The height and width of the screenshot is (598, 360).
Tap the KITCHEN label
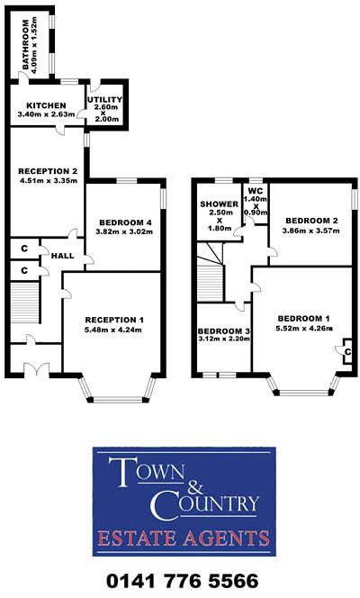coord(43,104)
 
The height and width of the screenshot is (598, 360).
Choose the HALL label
coord(62,256)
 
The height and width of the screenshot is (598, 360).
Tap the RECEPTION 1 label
coord(113,320)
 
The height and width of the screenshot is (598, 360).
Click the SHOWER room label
coord(219,205)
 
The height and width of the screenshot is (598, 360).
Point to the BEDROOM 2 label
coord(311,221)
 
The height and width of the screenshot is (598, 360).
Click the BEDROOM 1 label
coord(303,319)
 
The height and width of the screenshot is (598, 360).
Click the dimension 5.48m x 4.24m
coord(113,331)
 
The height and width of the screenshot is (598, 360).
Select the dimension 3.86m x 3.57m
coord(311,231)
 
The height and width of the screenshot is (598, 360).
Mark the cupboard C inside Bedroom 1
coord(346,352)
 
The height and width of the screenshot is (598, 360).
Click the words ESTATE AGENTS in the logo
coord(184,539)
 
